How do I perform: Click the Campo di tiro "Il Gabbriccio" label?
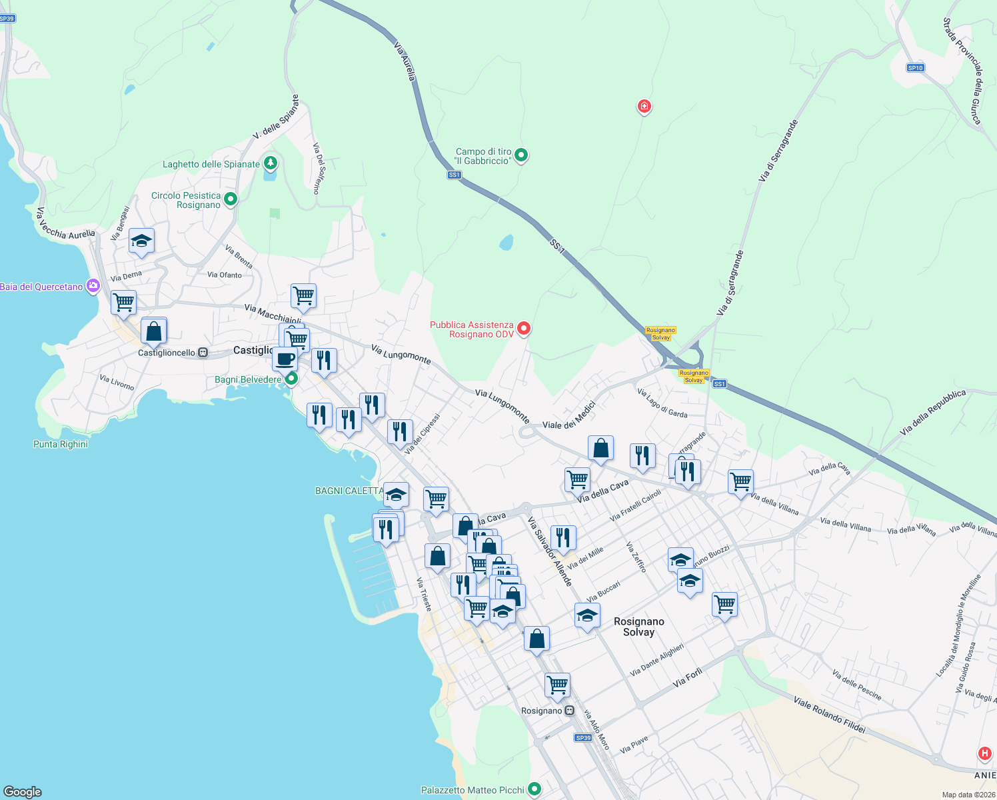483,156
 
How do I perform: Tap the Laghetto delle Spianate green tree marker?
270,162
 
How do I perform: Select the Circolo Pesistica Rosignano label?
185,200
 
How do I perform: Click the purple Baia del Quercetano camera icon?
93,286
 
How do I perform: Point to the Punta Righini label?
61,444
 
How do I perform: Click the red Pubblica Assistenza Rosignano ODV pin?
524,327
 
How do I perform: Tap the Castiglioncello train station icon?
203,353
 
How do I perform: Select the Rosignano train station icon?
569,711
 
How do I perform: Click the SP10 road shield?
915,68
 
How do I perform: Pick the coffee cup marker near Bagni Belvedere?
285,359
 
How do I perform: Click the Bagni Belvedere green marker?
291,379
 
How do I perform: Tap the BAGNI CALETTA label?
349,491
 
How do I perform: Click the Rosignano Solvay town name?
638,627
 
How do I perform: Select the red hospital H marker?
984,753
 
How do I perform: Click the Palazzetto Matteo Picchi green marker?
534,789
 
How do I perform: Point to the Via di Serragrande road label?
730,283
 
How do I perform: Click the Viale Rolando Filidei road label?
829,715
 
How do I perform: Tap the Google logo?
23,791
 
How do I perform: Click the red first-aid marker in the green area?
644,105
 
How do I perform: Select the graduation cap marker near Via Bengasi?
141,240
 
